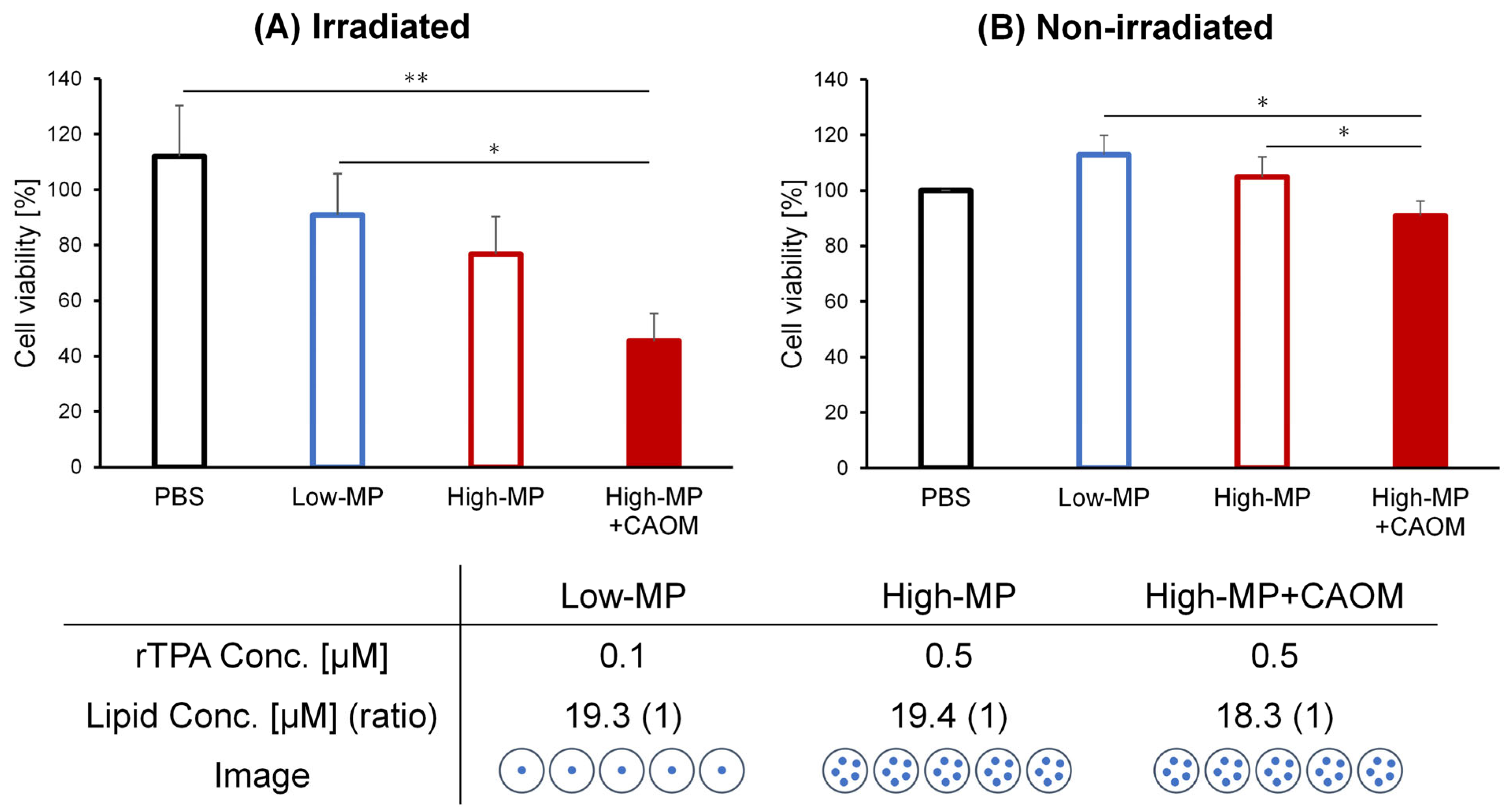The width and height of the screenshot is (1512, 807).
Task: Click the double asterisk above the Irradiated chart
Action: tap(416, 78)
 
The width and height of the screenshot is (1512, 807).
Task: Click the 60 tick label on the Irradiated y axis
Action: tap(70, 300)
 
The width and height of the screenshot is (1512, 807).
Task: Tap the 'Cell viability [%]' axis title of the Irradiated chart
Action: tap(26, 273)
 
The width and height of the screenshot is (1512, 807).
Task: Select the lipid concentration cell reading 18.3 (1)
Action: tap(1274, 716)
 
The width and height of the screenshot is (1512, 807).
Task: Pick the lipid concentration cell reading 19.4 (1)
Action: tap(949, 716)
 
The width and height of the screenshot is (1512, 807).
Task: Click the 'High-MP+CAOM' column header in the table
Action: tap(1274, 596)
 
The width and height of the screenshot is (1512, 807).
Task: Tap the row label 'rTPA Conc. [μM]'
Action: tap(262, 656)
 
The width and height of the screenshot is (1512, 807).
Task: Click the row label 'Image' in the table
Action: tap(262, 775)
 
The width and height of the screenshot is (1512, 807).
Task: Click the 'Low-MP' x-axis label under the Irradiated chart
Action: tap(337, 497)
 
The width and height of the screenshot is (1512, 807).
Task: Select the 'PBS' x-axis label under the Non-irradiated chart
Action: tap(945, 497)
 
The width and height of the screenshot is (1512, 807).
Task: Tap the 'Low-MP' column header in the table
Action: tap(623, 596)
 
